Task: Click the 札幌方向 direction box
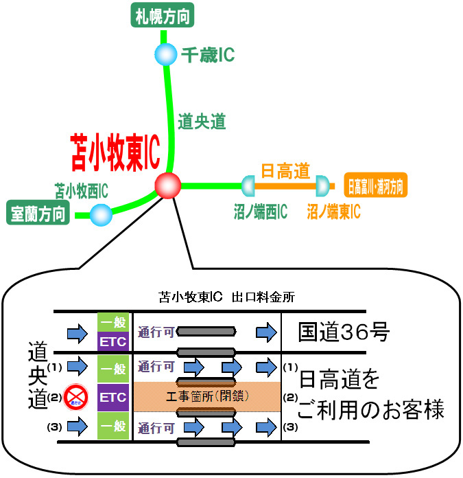coord(163,14)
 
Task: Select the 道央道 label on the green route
coord(202,122)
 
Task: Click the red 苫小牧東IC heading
coord(115,153)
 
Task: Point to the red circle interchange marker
coord(168,185)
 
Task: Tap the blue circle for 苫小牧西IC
coord(101,215)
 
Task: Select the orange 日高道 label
coord(286,169)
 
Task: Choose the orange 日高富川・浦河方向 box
coord(375,185)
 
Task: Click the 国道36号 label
coord(344,333)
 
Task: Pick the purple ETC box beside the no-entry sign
coord(113,396)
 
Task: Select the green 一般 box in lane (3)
coord(113,426)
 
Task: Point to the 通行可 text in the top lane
coord(155,332)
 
